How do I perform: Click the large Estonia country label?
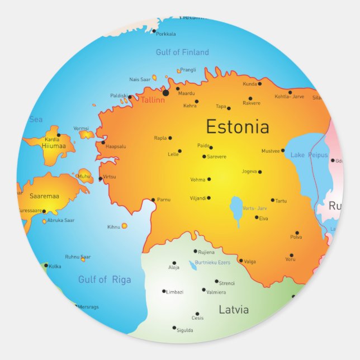[237, 127]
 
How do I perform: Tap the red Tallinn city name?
[153, 100]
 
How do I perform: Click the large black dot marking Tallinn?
[166, 93]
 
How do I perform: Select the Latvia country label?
[234, 310]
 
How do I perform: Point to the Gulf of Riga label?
[105, 280]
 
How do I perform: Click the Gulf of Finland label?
[182, 53]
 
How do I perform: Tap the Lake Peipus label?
[309, 154]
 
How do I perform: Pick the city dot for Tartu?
[273, 200]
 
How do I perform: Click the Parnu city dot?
[153, 200]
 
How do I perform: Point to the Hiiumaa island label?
[54, 146]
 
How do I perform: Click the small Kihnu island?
[124, 226]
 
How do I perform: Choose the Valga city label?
[250, 261]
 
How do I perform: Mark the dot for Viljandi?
[209, 198]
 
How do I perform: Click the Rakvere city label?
[252, 103]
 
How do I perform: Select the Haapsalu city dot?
[103, 143]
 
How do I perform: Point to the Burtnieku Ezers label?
[212, 262]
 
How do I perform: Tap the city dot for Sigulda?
[174, 328]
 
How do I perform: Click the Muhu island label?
[84, 176]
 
